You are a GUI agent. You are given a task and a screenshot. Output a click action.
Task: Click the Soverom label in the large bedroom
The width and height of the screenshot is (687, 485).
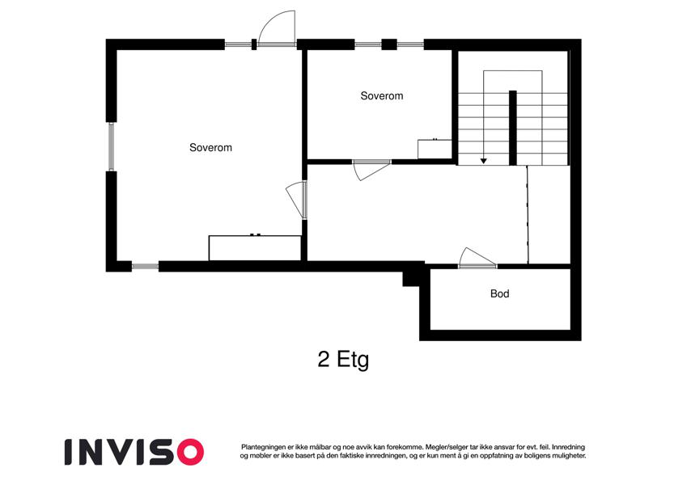point(210,147)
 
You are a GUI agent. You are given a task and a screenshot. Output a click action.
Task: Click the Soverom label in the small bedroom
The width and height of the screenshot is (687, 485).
point(382,96)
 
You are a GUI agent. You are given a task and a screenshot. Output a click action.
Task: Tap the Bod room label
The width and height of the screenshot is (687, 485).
point(499,293)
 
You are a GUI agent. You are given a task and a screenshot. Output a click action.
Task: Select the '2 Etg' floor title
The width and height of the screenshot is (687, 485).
point(343,360)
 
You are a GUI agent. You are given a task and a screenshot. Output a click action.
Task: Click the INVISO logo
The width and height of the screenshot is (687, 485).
point(134,452)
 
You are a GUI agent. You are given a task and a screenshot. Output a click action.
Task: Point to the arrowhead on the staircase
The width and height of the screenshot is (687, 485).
point(484,161)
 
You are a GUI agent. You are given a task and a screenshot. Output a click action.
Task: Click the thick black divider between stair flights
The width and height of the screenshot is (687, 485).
point(513,128)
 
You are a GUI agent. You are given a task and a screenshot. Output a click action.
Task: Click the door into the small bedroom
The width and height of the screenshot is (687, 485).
point(371,170)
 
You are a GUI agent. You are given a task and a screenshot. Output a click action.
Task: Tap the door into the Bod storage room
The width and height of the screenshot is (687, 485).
point(477,258)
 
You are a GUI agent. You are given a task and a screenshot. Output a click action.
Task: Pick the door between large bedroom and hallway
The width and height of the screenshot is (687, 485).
point(296,200)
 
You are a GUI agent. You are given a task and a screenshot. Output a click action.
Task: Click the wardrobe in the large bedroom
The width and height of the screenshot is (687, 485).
point(255,248)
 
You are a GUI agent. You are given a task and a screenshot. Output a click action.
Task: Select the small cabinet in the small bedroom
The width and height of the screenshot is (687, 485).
point(435,149)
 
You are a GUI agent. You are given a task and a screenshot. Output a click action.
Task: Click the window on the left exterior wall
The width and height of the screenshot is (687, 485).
point(112,146)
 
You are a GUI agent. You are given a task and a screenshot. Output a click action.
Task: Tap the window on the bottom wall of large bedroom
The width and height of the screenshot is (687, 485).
point(145,266)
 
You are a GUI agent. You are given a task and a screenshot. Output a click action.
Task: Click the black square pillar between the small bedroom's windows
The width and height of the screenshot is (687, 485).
point(389,44)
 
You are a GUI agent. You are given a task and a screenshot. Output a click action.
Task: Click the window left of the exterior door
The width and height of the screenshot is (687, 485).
point(239,44)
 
